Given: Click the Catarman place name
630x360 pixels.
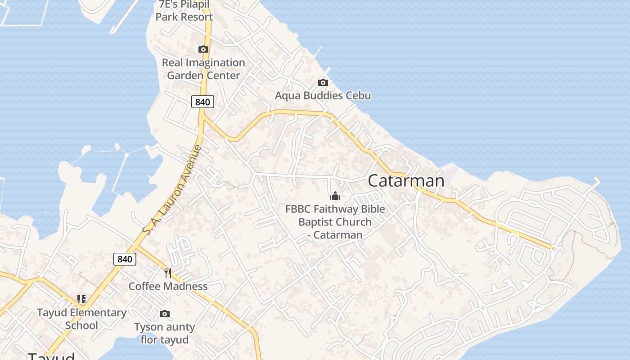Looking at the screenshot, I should point(406,181).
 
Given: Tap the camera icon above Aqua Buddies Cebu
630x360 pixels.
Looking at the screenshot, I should point(323,82).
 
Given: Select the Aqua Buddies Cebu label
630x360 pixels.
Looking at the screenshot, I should point(323,95).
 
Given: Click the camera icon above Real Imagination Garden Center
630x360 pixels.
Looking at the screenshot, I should point(203,49).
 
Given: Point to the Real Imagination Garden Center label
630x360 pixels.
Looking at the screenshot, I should point(203,69).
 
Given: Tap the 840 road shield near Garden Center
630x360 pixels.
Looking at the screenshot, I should point(202,102).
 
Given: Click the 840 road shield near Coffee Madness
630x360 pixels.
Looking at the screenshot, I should point(125,259).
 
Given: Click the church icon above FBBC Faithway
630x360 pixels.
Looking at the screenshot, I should point(335,196).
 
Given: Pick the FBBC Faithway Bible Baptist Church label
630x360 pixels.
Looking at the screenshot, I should point(335,222).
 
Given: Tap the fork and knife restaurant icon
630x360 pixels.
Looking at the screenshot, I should point(168,273).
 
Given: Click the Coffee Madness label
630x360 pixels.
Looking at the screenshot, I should point(168,286).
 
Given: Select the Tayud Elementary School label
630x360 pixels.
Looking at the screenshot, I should point(81,319).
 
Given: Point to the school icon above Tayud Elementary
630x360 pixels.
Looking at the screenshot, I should point(81,299).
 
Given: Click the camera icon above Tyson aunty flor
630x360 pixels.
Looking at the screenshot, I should point(165,314).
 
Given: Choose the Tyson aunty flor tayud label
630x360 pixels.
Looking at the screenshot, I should point(165,333).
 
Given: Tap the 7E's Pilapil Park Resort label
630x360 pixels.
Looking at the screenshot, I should point(184,11).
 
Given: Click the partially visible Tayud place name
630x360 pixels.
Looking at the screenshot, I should point(51,355).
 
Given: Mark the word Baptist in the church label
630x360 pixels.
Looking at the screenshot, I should point(317,222).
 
